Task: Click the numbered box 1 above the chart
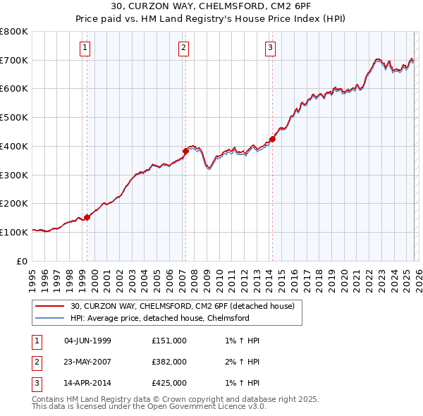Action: [85, 48]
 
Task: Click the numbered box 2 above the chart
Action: [183, 48]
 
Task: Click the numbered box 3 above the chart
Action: [270, 48]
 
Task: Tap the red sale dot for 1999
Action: [87, 217]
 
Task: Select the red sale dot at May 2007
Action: [185, 151]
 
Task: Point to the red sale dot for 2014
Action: [272, 139]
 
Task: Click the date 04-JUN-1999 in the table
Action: [87, 341]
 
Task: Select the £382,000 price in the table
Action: [169, 362]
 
